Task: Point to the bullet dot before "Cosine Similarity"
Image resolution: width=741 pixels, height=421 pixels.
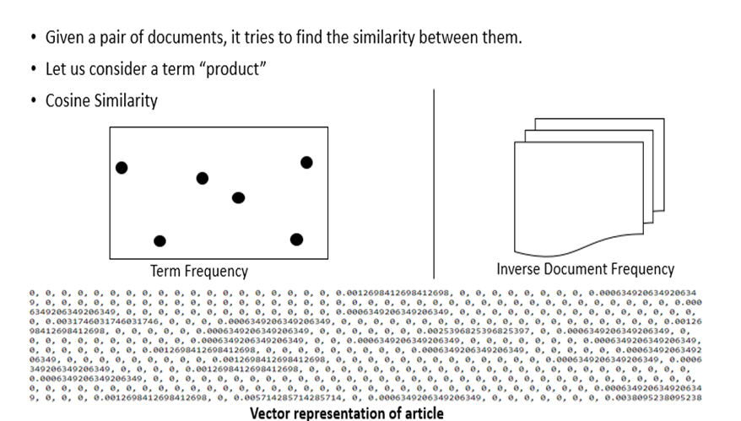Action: (x=33, y=101)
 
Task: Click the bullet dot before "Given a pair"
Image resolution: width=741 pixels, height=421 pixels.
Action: (x=33, y=39)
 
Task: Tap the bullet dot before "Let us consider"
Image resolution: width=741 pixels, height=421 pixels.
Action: (x=33, y=70)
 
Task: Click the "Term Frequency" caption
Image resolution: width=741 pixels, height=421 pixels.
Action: (x=199, y=272)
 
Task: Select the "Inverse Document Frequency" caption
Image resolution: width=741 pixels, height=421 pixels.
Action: (x=585, y=269)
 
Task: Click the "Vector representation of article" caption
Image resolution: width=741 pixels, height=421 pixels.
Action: (x=347, y=413)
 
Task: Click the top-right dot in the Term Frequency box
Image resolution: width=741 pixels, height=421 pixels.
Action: (x=306, y=162)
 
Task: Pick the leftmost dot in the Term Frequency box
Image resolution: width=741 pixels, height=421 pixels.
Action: (x=122, y=168)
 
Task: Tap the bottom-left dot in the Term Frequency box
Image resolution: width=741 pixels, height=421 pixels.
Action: (x=160, y=241)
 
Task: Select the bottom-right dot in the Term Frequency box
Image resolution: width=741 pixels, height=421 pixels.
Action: (x=296, y=240)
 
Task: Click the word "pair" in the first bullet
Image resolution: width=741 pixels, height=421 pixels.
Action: (x=111, y=39)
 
